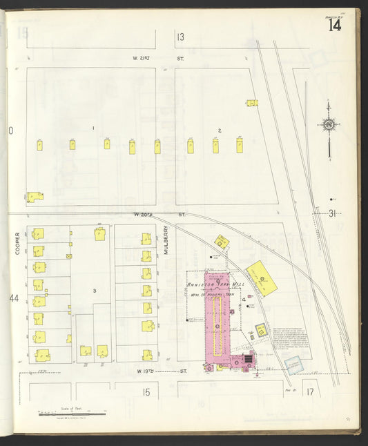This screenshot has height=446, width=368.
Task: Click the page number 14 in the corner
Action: tap(335, 26)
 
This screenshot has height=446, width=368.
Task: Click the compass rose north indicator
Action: tap(329, 125)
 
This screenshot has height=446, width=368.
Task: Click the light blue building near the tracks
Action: tap(293, 364)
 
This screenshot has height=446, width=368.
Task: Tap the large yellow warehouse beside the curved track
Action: tap(262, 278)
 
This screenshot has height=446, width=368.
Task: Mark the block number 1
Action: tap(93, 128)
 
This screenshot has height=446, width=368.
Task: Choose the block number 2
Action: tap(220, 130)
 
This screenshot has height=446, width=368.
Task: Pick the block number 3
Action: tap(93, 291)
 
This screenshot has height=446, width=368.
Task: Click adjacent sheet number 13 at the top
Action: tap(180, 37)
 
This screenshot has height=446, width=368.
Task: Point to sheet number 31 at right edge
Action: tap(332, 213)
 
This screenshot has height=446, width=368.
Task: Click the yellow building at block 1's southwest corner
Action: tap(35, 197)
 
